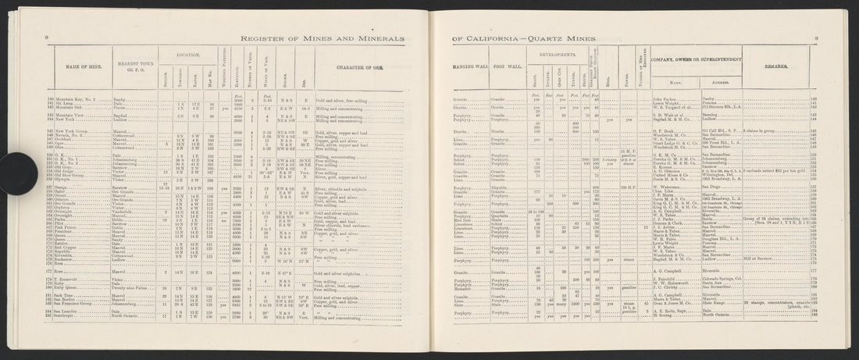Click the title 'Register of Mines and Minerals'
[x=323, y=37]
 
